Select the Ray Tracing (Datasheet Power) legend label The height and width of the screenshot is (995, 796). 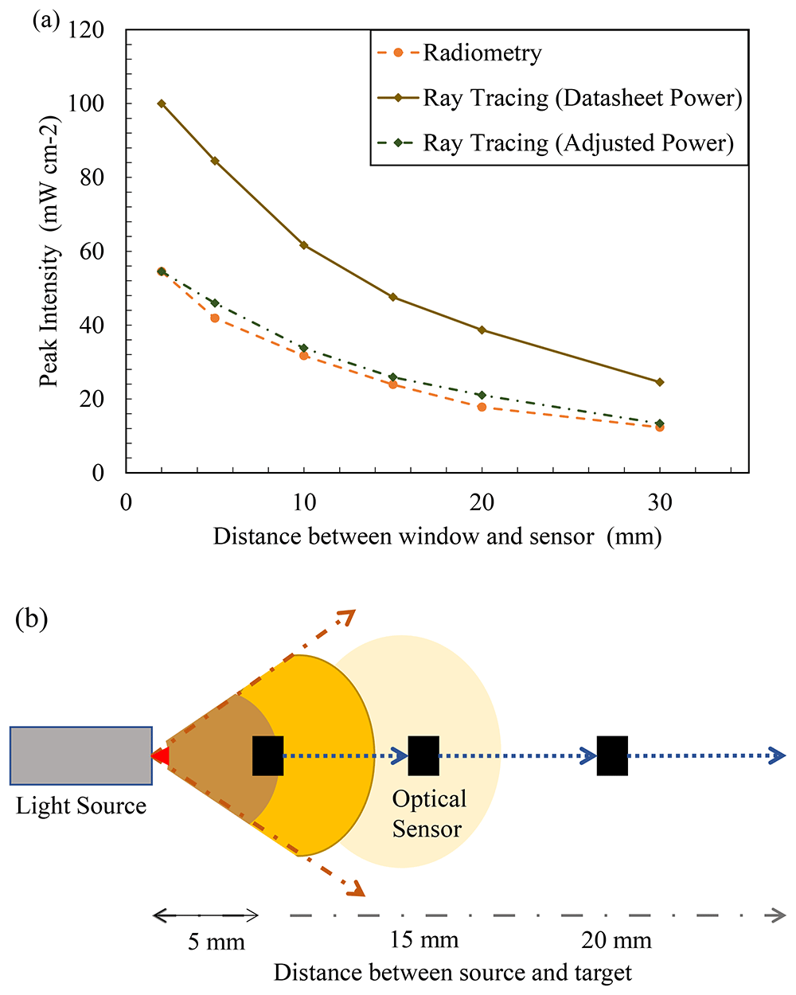(583, 98)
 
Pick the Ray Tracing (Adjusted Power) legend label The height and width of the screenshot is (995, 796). (578, 142)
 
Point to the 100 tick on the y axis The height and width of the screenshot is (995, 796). (86, 103)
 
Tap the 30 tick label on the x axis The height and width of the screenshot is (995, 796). (660, 502)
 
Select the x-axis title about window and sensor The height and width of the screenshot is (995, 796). (437, 537)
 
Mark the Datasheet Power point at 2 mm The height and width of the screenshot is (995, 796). (162, 103)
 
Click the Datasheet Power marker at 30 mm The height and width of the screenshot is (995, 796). (660, 382)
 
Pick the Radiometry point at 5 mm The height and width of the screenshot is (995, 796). (215, 318)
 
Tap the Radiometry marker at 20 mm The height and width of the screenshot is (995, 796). (482, 407)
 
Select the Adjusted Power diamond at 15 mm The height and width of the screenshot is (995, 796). (392, 377)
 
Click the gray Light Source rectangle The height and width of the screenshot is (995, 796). (81, 756)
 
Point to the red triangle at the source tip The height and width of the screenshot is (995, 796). (161, 756)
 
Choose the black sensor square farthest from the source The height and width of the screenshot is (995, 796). (612, 756)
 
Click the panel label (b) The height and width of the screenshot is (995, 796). (32, 619)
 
